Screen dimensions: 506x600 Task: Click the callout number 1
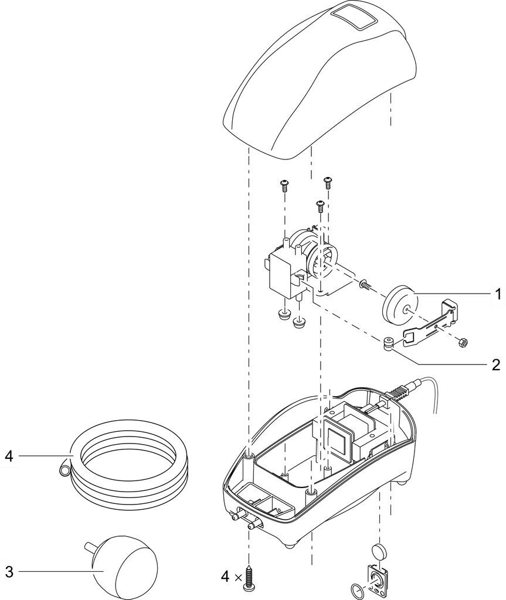tap(497, 294)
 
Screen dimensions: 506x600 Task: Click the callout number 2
tap(496, 364)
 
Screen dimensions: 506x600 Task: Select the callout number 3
tap(9, 572)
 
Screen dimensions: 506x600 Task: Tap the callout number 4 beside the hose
tap(9, 456)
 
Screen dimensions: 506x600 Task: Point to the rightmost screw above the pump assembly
tap(327, 183)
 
